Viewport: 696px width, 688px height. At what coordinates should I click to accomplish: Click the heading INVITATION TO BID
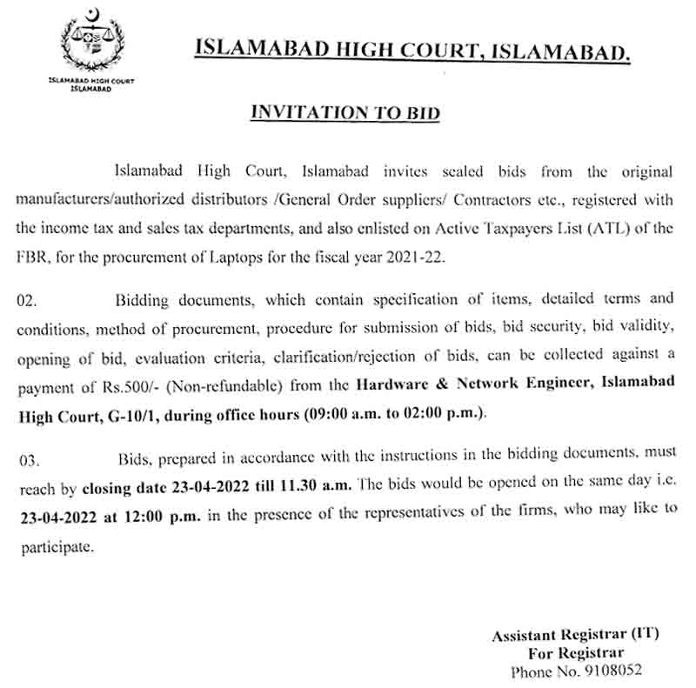345,112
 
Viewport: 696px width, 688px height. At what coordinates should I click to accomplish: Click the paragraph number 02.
28,301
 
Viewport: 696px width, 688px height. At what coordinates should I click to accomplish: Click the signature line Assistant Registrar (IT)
575,635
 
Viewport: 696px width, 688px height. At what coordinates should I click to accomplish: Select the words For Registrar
575,653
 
